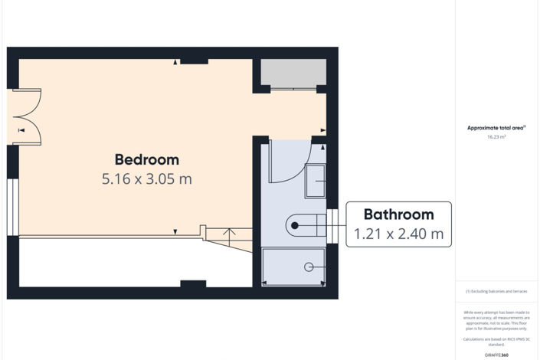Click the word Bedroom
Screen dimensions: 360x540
(x=146, y=159)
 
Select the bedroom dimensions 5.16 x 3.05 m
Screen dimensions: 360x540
(x=146, y=179)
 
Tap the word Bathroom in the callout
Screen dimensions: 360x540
(x=398, y=214)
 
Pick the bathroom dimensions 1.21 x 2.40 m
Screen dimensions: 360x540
(x=398, y=234)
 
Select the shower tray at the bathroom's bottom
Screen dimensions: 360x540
(x=294, y=267)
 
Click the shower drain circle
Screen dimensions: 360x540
(x=309, y=267)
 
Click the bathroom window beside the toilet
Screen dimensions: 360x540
(x=332, y=224)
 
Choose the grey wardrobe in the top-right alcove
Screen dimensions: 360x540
(x=289, y=74)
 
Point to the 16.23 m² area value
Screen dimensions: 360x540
(x=496, y=137)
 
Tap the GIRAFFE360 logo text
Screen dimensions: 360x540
(x=496, y=355)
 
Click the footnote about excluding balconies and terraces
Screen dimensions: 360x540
(x=496, y=292)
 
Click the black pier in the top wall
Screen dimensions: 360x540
(x=194, y=59)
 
